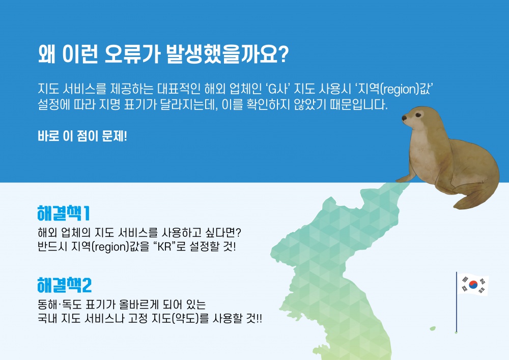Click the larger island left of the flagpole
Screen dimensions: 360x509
[433, 329]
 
